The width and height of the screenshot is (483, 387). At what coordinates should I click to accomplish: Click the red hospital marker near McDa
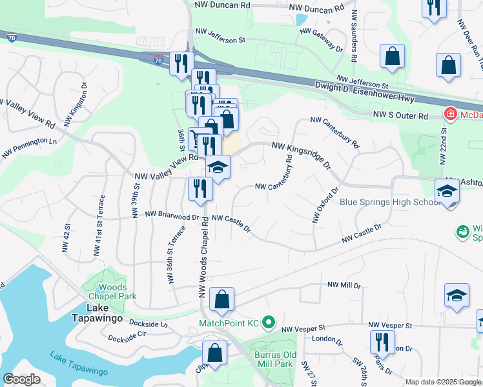point(451,115)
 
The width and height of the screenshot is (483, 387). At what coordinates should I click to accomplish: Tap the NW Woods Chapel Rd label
point(201,258)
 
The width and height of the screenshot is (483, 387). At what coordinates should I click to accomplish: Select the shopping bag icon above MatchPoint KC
point(221,299)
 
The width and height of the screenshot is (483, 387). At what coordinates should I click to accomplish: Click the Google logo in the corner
point(22,379)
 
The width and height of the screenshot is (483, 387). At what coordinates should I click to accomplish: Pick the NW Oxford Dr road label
point(325,206)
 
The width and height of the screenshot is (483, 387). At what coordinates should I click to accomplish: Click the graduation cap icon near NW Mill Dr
point(457,295)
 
